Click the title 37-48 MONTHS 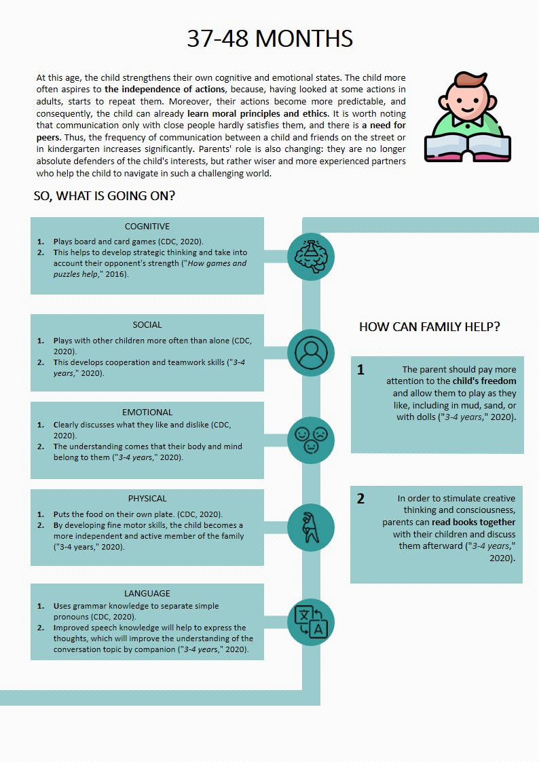coord(269,39)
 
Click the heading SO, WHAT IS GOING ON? coord(105,197)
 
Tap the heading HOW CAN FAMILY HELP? coord(429,327)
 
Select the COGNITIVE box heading coord(147,227)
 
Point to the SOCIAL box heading coord(147,325)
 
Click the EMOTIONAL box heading coord(147,412)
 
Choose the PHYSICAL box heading coord(147,499)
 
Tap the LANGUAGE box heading coord(147,593)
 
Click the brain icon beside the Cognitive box coord(311,256)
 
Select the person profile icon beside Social coord(311,352)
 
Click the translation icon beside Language coord(311,622)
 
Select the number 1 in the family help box coord(360,370)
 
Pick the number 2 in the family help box coord(360,499)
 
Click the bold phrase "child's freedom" coord(485,381)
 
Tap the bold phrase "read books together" coord(473,522)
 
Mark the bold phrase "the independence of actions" coord(164,90)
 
